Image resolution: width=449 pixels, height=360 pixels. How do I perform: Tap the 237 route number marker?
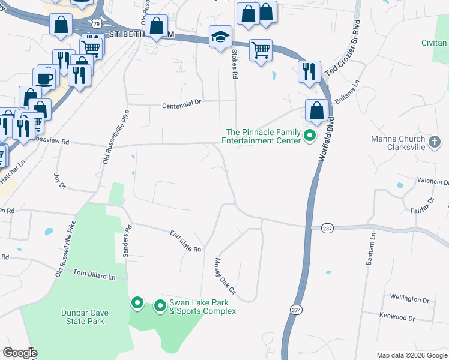(327, 228)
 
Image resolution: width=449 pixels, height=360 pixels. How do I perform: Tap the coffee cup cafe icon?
(44, 78)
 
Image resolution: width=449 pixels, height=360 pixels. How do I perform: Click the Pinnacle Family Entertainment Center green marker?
(310, 136)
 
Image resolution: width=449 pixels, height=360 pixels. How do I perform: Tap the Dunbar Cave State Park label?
(82, 317)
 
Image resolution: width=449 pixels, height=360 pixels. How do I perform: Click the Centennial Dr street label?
(182, 104)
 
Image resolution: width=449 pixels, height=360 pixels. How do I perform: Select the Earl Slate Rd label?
(185, 241)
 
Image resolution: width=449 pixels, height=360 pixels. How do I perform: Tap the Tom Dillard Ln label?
(94, 274)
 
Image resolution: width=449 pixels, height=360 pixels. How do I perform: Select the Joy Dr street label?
(59, 181)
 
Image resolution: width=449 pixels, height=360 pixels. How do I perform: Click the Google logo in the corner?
(20, 353)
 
